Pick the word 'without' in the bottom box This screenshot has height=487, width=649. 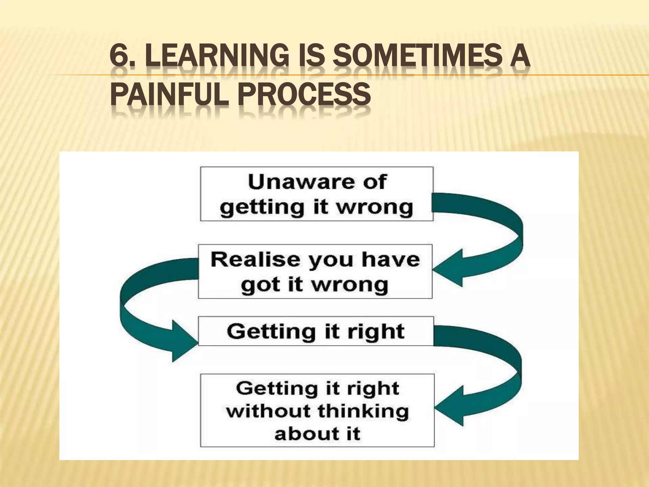click(x=269, y=411)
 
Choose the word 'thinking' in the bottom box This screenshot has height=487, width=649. click(x=363, y=411)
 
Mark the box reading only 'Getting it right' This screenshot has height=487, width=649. click(x=316, y=331)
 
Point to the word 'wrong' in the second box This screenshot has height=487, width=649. click(x=350, y=284)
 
